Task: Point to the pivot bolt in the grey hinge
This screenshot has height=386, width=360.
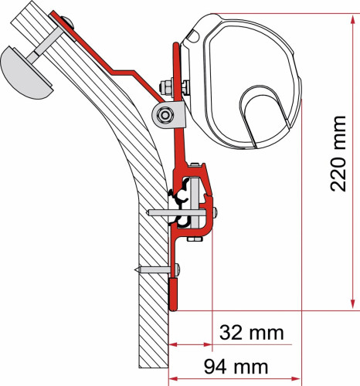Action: (x=163, y=116)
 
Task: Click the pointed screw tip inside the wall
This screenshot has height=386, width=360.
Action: (x=137, y=269)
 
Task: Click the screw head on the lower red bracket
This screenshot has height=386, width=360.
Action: (x=177, y=269)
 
